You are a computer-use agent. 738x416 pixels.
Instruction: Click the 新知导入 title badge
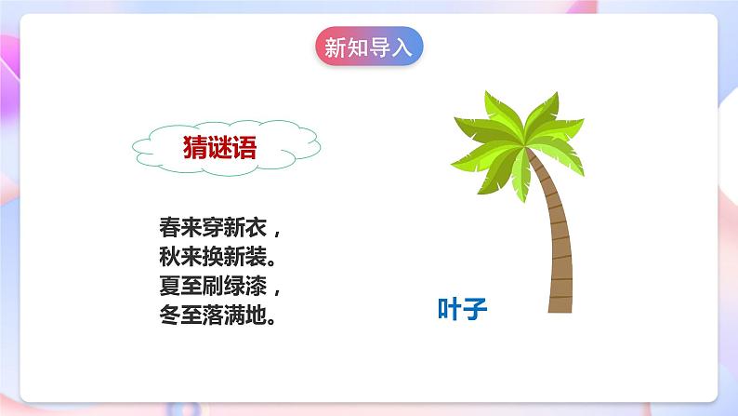point(368,47)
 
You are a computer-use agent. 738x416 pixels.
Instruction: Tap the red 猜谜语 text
point(220,147)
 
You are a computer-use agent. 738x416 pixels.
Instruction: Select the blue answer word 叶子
point(463,309)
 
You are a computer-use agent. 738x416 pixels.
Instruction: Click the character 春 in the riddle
point(169,226)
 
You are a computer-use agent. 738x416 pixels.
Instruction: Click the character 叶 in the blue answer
point(450,309)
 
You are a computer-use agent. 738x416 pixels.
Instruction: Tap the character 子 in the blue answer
point(476,309)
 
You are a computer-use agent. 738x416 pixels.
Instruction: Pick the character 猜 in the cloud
point(195,147)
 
